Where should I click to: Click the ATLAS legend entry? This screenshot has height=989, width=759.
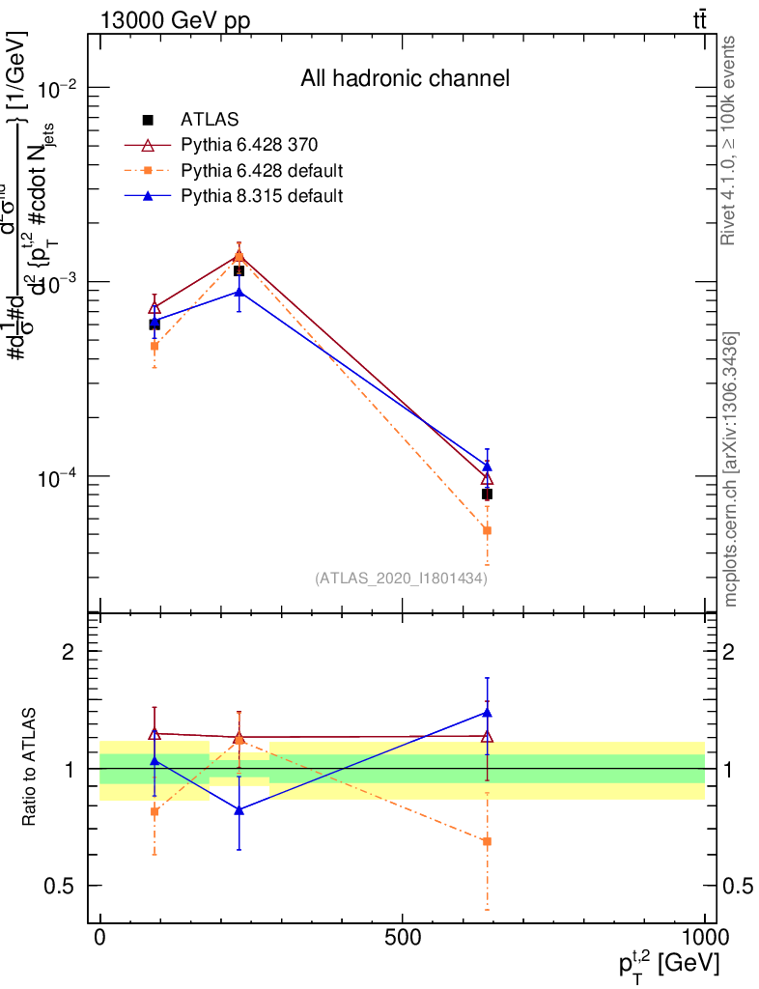coord(210,120)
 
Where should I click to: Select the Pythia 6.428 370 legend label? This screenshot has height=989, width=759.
coord(249,145)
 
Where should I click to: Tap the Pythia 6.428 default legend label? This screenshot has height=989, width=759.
coord(262,171)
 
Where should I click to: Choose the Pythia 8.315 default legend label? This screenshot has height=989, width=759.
coord(262,196)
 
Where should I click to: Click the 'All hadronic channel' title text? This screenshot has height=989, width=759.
coord(404,78)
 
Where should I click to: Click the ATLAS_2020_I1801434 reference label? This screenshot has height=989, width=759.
coord(401,579)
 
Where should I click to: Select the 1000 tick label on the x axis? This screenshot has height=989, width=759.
coord(703,938)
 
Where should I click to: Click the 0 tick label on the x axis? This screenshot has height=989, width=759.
coord(99,938)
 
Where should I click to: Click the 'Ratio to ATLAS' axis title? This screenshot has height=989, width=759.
coord(31,765)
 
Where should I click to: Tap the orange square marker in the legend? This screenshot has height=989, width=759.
coord(148,171)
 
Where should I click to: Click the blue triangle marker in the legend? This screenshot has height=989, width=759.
coord(148,196)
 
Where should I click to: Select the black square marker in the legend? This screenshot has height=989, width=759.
coord(148,120)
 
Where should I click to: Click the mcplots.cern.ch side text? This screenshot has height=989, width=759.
coord(731,468)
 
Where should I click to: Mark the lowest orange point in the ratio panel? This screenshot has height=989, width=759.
coord(487,841)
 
